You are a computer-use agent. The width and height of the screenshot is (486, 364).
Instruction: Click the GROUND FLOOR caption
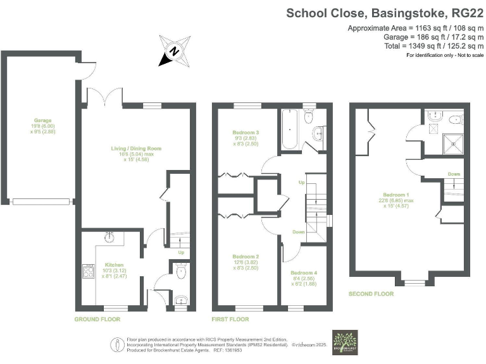pos(97,319)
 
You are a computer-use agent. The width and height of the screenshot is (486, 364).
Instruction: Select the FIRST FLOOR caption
pos(230,319)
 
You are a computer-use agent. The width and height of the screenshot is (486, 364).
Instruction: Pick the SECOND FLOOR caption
pos(371,294)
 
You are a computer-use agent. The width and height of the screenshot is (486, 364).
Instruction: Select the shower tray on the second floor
pos(454,144)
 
